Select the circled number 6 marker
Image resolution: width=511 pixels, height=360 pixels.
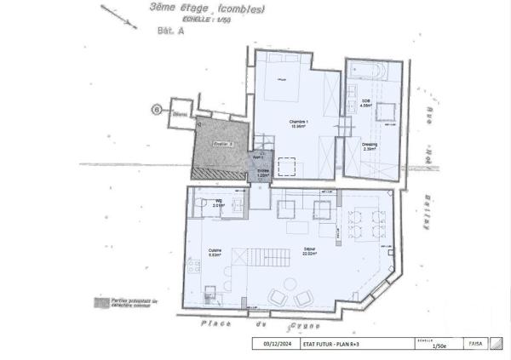click(x=156, y=109)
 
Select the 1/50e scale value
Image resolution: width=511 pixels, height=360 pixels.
click(x=441, y=346)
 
